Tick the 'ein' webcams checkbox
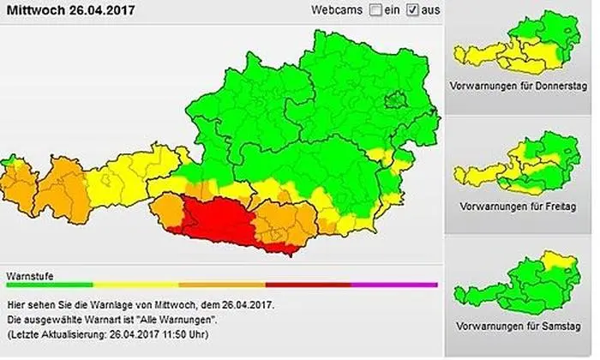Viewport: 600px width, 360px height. pos(375,11)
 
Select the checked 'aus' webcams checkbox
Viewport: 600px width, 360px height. pos(413,11)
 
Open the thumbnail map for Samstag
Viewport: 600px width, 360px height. pos(518,284)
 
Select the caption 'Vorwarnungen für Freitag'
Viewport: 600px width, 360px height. pos(518,207)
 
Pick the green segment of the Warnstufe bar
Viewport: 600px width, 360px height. pos(50,284)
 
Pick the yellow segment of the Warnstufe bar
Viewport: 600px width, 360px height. pos(135,284)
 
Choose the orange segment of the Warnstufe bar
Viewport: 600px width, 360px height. pos(222,284)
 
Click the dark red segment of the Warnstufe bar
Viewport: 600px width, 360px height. pos(309,284)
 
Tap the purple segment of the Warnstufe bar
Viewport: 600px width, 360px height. pos(394,284)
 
